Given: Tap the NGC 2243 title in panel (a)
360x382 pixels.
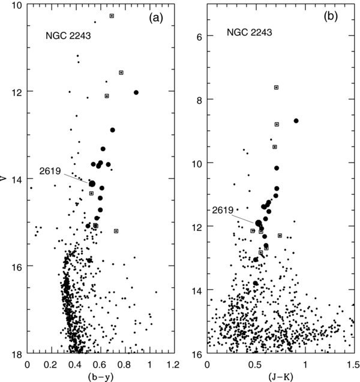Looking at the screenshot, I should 67,35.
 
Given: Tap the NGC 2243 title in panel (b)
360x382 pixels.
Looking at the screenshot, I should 249,32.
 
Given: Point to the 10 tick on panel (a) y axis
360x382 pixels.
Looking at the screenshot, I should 17,6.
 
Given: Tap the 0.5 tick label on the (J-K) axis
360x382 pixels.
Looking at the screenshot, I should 256,363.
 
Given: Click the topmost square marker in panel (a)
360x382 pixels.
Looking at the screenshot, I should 112,16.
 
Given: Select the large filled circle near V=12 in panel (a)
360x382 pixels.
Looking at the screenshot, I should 136,92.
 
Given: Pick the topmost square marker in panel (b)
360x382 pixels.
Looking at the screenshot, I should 276,87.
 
